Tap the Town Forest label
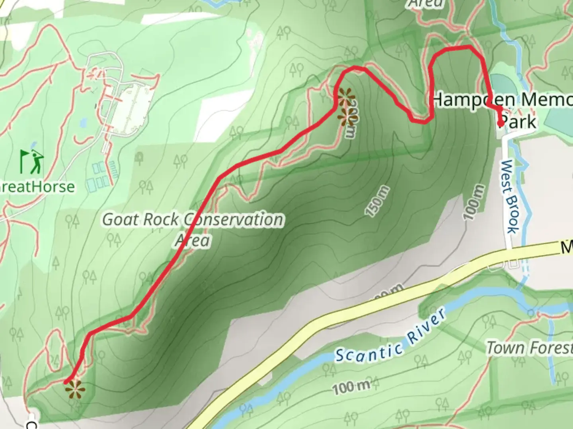[529, 348]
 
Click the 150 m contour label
[377, 201]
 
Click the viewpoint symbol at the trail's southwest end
[74, 390]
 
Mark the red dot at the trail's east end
[501, 124]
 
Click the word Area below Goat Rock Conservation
[193, 240]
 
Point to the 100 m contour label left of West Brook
[474, 202]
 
